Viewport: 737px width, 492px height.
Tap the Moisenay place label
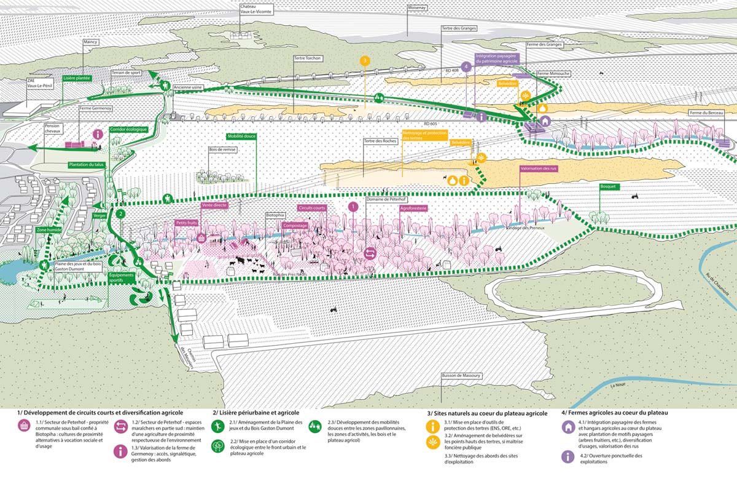pos(416,9)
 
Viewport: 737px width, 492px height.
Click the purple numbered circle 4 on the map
pos(466,66)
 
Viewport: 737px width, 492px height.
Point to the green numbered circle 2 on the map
pos(121,214)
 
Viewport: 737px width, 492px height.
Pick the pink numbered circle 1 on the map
pos(353,207)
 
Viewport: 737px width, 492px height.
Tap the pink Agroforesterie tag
pos(413,208)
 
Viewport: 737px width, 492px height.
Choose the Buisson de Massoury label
pos(464,375)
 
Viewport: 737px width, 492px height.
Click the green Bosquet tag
pos(609,186)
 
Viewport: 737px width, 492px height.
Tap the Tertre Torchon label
pos(307,58)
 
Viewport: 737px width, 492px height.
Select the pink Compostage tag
pos(295,226)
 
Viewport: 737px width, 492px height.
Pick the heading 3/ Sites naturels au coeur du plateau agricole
pos(487,413)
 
